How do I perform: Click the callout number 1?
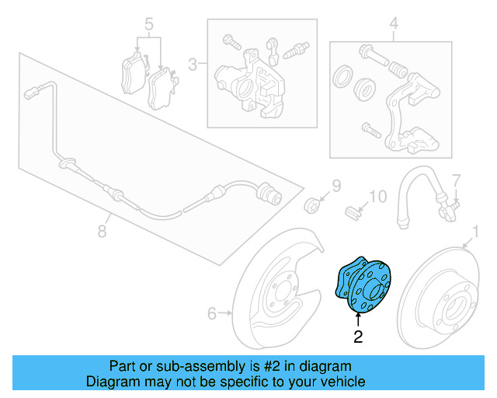coord(476,230)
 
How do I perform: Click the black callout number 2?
coord(358,337)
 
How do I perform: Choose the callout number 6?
coord(211,314)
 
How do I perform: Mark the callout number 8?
coord(102,230)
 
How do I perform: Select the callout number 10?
coord(377,197)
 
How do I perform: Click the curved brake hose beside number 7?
coord(412,190)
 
